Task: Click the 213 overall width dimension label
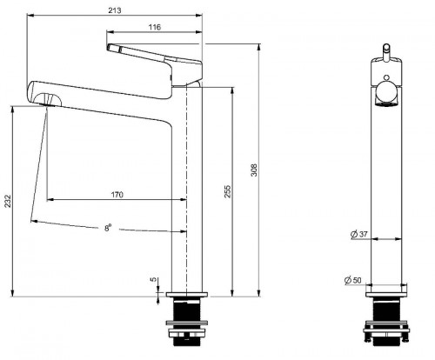click(x=115, y=10)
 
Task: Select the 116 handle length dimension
click(x=155, y=27)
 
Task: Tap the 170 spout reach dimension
click(x=117, y=195)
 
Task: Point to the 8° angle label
click(x=108, y=228)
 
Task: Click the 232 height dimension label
click(x=8, y=201)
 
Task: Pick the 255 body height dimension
click(x=228, y=191)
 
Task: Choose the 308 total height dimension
click(x=254, y=170)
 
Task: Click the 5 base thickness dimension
click(x=153, y=280)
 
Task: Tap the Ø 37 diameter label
click(x=359, y=234)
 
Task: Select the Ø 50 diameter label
click(x=353, y=280)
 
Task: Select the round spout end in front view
click(x=386, y=94)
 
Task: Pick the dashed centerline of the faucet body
click(x=186, y=190)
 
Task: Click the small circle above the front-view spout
click(x=386, y=77)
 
